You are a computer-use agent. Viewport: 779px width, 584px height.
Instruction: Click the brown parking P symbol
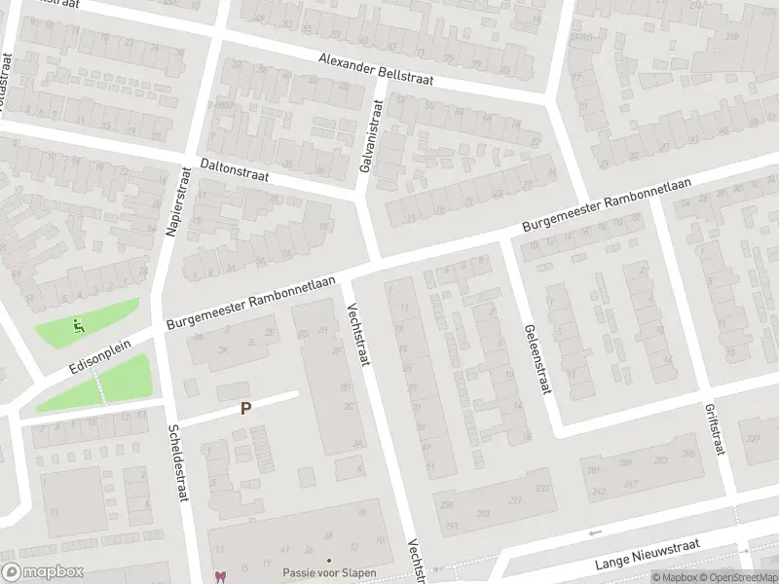tap(246, 410)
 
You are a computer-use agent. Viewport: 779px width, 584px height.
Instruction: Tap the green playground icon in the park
tap(77, 325)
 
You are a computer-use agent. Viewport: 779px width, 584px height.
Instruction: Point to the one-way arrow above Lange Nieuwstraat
tap(595, 533)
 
